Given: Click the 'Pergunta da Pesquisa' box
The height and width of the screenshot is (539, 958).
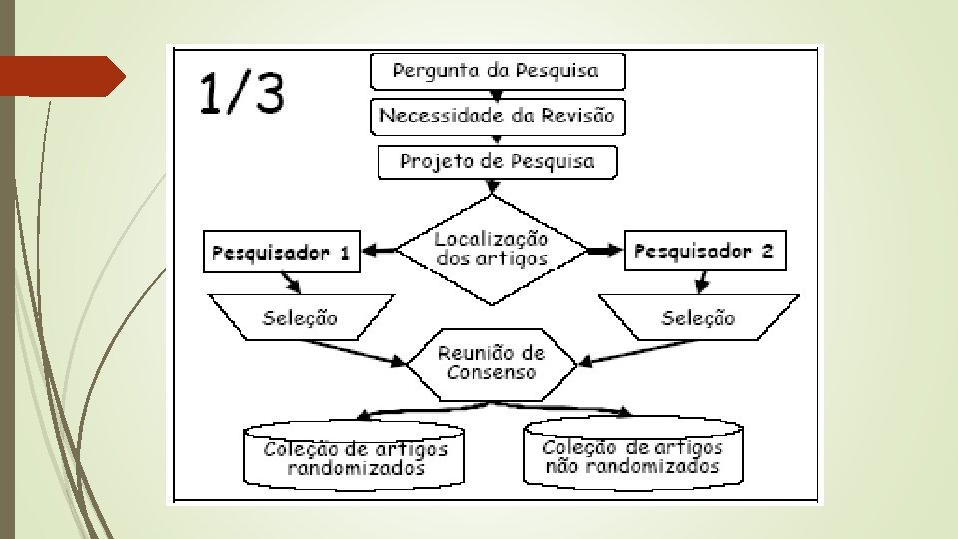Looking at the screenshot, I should coord(497,71).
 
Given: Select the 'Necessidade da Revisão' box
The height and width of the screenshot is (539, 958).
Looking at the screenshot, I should coord(497,116).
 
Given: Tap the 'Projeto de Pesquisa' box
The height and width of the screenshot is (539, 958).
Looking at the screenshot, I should coord(497,161).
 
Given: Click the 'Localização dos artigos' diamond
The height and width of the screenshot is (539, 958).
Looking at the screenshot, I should coord(491,250).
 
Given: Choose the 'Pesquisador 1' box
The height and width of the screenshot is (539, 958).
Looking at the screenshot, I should coord(280,252).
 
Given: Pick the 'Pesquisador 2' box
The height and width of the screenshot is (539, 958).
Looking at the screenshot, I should coord(703,251).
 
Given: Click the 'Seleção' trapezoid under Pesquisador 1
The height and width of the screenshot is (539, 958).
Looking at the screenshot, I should coord(299,318).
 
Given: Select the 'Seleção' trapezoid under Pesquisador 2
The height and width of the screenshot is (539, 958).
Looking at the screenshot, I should coord(699,318).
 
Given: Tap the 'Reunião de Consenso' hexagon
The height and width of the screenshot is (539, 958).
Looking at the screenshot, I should coord(492,363).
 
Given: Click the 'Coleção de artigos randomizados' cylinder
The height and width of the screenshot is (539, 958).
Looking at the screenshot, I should coord(355,457).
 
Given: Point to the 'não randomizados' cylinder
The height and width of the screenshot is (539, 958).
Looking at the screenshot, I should coord(632,455).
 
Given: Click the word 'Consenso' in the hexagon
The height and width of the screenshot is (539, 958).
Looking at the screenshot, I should coord(492,373).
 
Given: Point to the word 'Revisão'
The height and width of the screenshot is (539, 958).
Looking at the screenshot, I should coord(577,116).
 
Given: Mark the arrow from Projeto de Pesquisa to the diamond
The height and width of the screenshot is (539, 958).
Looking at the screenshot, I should coord(491,187).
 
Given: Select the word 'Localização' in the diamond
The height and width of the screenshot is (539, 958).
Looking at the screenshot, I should coord(491,240).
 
